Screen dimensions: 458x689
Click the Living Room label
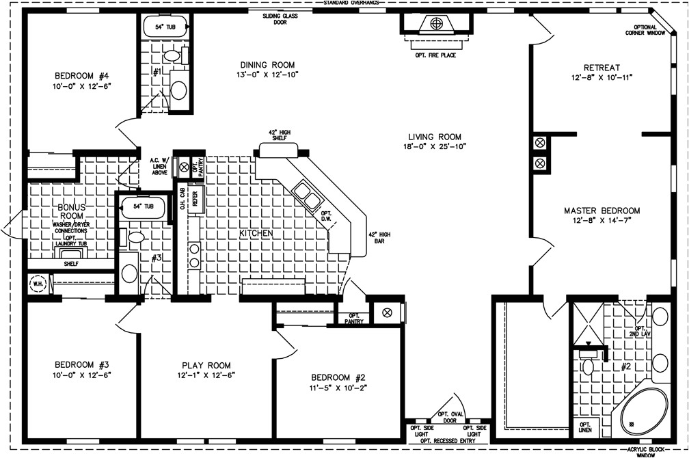pyautogui.click(x=431, y=137)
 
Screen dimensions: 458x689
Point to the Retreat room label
pyautogui.click(x=602, y=68)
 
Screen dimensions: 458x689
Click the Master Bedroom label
pyautogui.click(x=602, y=210)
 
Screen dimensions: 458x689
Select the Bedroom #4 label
pyautogui.click(x=77, y=75)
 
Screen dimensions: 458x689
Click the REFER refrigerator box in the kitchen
pyautogui.click(x=195, y=199)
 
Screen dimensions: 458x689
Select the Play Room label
pyautogui.click(x=206, y=365)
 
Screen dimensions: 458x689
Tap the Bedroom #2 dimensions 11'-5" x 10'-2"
pyautogui.click(x=338, y=388)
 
